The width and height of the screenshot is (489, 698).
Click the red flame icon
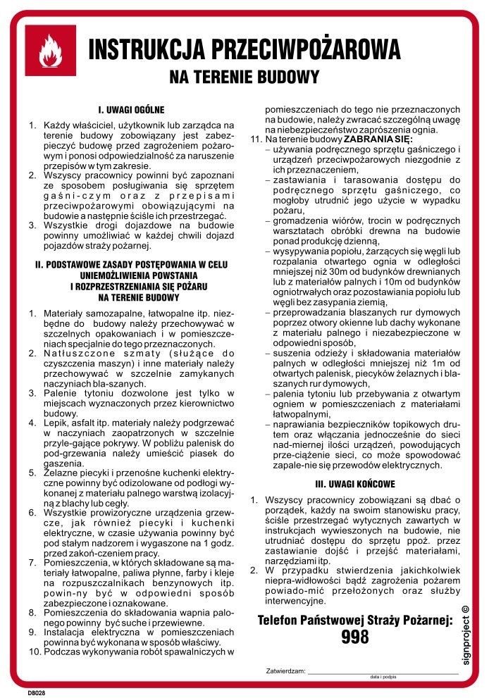[x=50, y=51]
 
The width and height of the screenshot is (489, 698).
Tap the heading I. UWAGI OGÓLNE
[x=131, y=110]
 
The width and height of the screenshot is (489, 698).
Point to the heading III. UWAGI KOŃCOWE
[x=354, y=484]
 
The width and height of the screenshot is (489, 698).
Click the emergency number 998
[x=354, y=637]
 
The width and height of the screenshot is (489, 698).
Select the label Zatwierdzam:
[x=286, y=672]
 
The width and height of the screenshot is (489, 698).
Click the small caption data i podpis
[x=383, y=678]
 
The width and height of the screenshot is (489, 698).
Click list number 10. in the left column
[x=34, y=652]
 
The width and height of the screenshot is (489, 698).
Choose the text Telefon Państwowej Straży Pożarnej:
[x=354, y=621]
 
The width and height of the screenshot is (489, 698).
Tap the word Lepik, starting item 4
[x=56, y=423]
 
